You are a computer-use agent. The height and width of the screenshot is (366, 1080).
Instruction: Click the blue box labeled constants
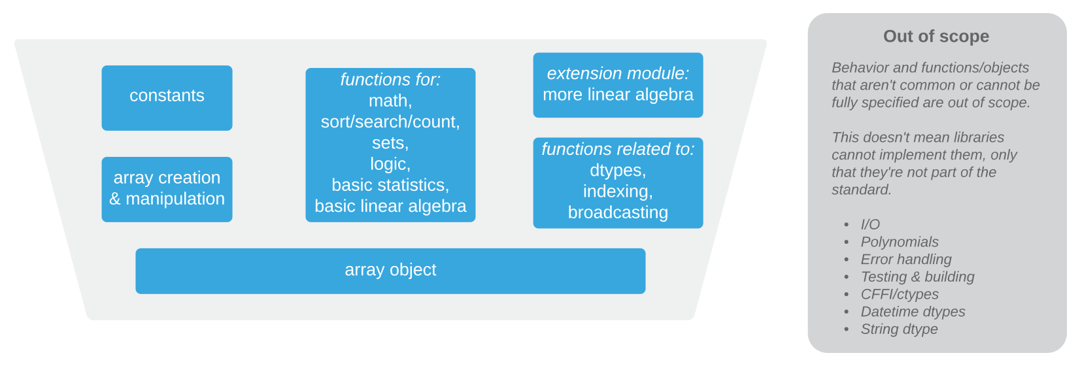click(167, 97)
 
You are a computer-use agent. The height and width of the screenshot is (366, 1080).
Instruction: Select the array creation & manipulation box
click(167, 189)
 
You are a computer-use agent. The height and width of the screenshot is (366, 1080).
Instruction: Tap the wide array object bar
click(390, 271)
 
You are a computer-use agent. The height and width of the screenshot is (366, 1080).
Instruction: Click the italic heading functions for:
click(390, 80)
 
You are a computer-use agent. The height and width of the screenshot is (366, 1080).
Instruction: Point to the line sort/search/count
click(390, 122)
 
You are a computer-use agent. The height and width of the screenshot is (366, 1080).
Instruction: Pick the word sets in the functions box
click(390, 143)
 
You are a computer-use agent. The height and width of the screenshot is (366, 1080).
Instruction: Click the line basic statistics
click(390, 185)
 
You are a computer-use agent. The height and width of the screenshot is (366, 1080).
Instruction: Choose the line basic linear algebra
click(390, 207)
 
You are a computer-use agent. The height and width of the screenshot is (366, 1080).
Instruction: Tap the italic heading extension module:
click(618, 74)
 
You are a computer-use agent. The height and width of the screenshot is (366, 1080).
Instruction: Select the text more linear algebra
click(618, 95)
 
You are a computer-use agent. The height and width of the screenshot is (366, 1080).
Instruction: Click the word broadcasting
click(618, 212)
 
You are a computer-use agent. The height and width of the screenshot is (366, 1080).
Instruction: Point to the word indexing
click(618, 191)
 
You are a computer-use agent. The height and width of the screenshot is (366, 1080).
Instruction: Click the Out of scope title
click(936, 37)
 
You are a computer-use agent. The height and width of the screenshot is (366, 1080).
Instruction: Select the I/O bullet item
click(870, 225)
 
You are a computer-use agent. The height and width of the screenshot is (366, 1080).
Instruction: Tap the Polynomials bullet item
click(900, 242)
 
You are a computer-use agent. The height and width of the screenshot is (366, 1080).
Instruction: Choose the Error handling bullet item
click(906, 259)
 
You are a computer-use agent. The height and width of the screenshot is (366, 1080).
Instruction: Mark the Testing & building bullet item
click(917, 277)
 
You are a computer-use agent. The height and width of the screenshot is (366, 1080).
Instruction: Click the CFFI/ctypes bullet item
click(900, 295)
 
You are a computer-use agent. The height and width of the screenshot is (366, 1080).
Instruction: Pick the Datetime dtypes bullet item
click(913, 312)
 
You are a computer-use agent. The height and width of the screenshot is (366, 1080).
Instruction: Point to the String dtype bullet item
click(899, 329)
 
